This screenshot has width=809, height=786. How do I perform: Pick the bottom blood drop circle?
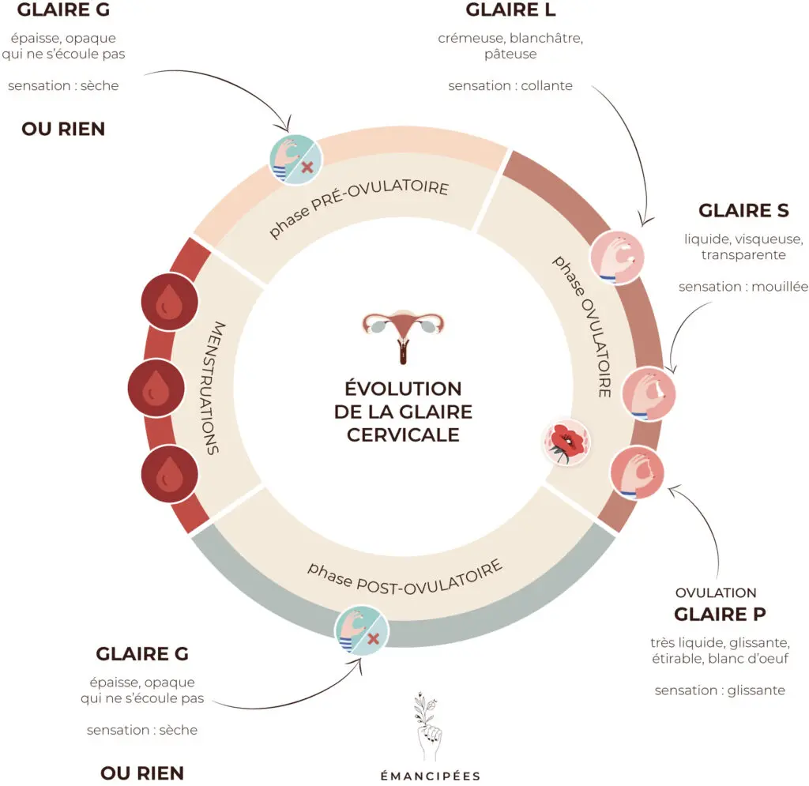click(167, 473)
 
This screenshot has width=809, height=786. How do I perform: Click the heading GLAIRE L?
click(510, 10)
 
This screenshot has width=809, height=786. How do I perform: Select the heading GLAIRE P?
click(720, 614)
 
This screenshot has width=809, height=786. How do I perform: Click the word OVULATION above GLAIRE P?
click(716, 592)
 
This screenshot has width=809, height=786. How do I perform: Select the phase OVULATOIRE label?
click(583, 325)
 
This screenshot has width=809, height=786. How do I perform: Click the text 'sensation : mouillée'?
click(743, 287)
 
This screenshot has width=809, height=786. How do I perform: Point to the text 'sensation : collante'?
click(510, 85)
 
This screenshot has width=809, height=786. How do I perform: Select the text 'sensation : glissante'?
click(720, 690)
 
